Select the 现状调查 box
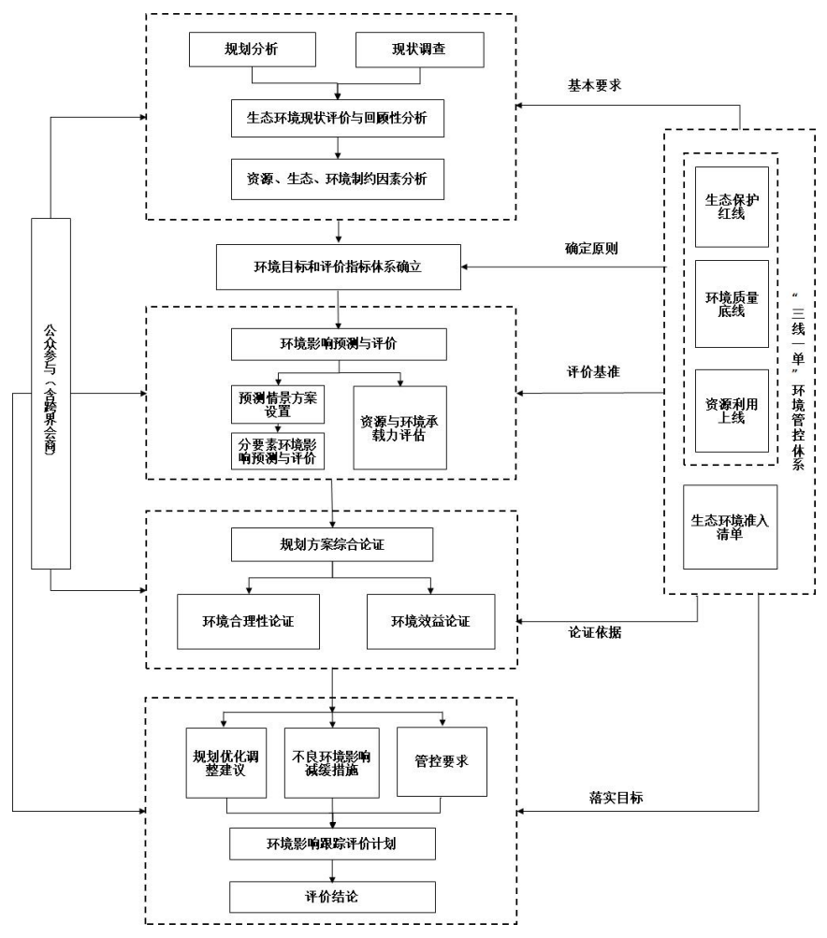(420, 50)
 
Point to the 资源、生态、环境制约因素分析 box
(337, 179)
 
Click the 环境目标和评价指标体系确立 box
(337, 267)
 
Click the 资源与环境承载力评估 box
(400, 426)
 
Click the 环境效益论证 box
(430, 620)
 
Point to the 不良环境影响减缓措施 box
(331, 762)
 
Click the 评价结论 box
(331, 897)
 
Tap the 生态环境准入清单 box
(731, 527)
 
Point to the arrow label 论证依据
(596, 632)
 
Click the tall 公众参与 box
(51, 393)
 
